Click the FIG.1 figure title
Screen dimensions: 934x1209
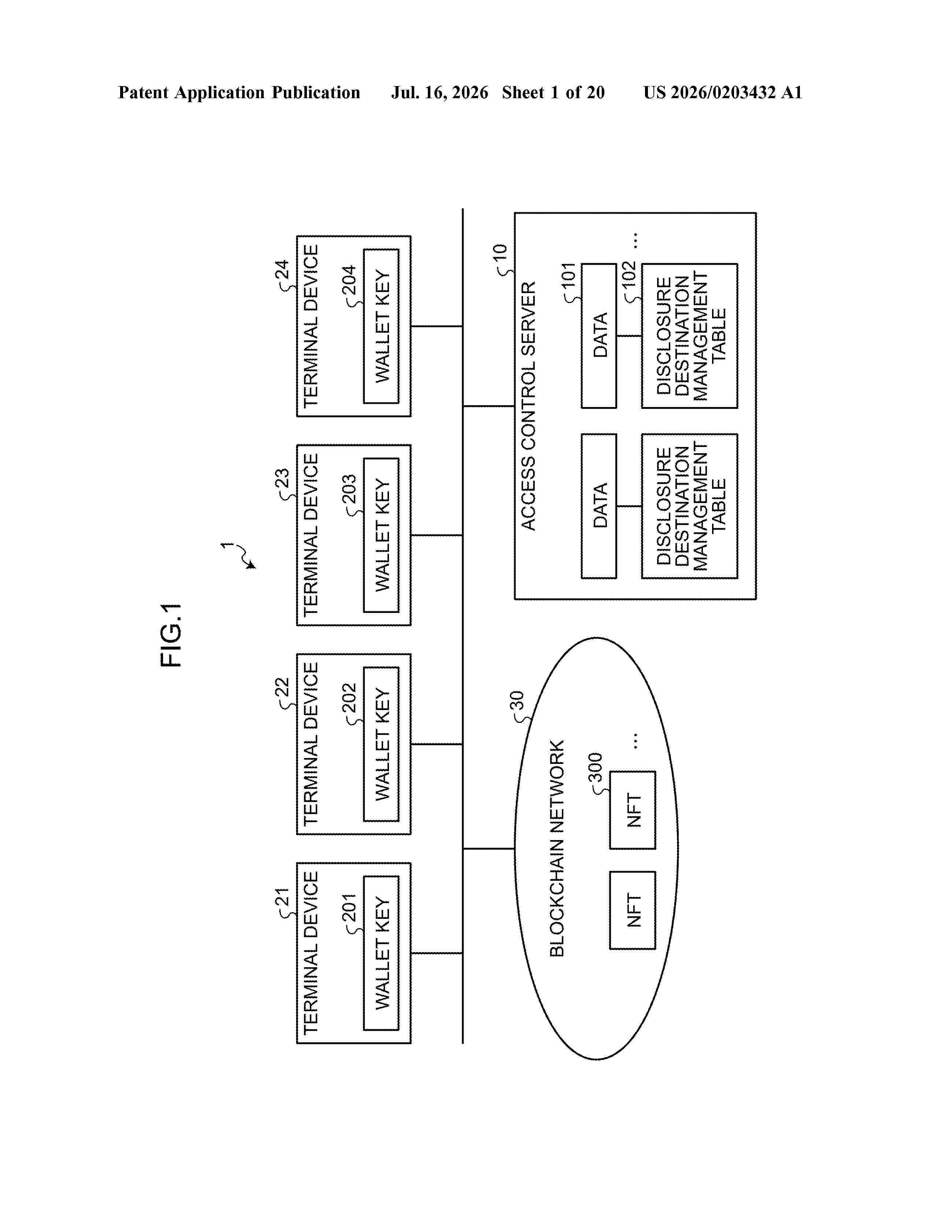171,635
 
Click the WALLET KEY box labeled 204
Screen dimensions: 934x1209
381,326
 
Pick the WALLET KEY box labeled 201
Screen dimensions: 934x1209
381,953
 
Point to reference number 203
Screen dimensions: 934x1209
349,489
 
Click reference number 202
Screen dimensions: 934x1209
349,698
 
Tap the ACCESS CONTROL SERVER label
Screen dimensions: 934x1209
529,406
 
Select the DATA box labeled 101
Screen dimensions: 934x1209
599,336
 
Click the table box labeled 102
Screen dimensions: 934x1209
689,336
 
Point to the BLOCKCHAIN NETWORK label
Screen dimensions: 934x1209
557,848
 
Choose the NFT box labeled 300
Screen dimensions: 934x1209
633,810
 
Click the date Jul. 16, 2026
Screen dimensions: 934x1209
440,92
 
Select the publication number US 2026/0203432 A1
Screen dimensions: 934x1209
723,92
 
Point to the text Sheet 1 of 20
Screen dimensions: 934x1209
553,92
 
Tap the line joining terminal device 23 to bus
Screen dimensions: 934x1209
437,535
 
